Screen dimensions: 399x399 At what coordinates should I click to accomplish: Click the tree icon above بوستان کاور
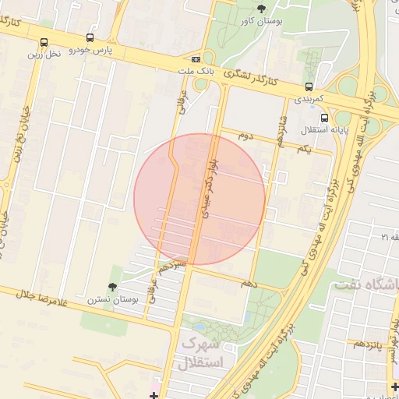[260, 9]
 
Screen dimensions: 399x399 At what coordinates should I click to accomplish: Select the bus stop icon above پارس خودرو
[90, 37]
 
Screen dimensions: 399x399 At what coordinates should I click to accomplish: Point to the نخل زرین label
[44, 54]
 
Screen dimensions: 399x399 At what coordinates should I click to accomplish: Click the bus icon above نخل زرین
[44, 42]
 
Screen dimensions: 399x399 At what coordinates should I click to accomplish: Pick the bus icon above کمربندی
[309, 87]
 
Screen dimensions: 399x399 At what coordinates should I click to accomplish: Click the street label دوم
[246, 136]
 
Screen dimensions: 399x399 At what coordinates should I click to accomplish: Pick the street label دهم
[249, 284]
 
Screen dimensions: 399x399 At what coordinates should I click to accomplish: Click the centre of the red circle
[199, 199]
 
